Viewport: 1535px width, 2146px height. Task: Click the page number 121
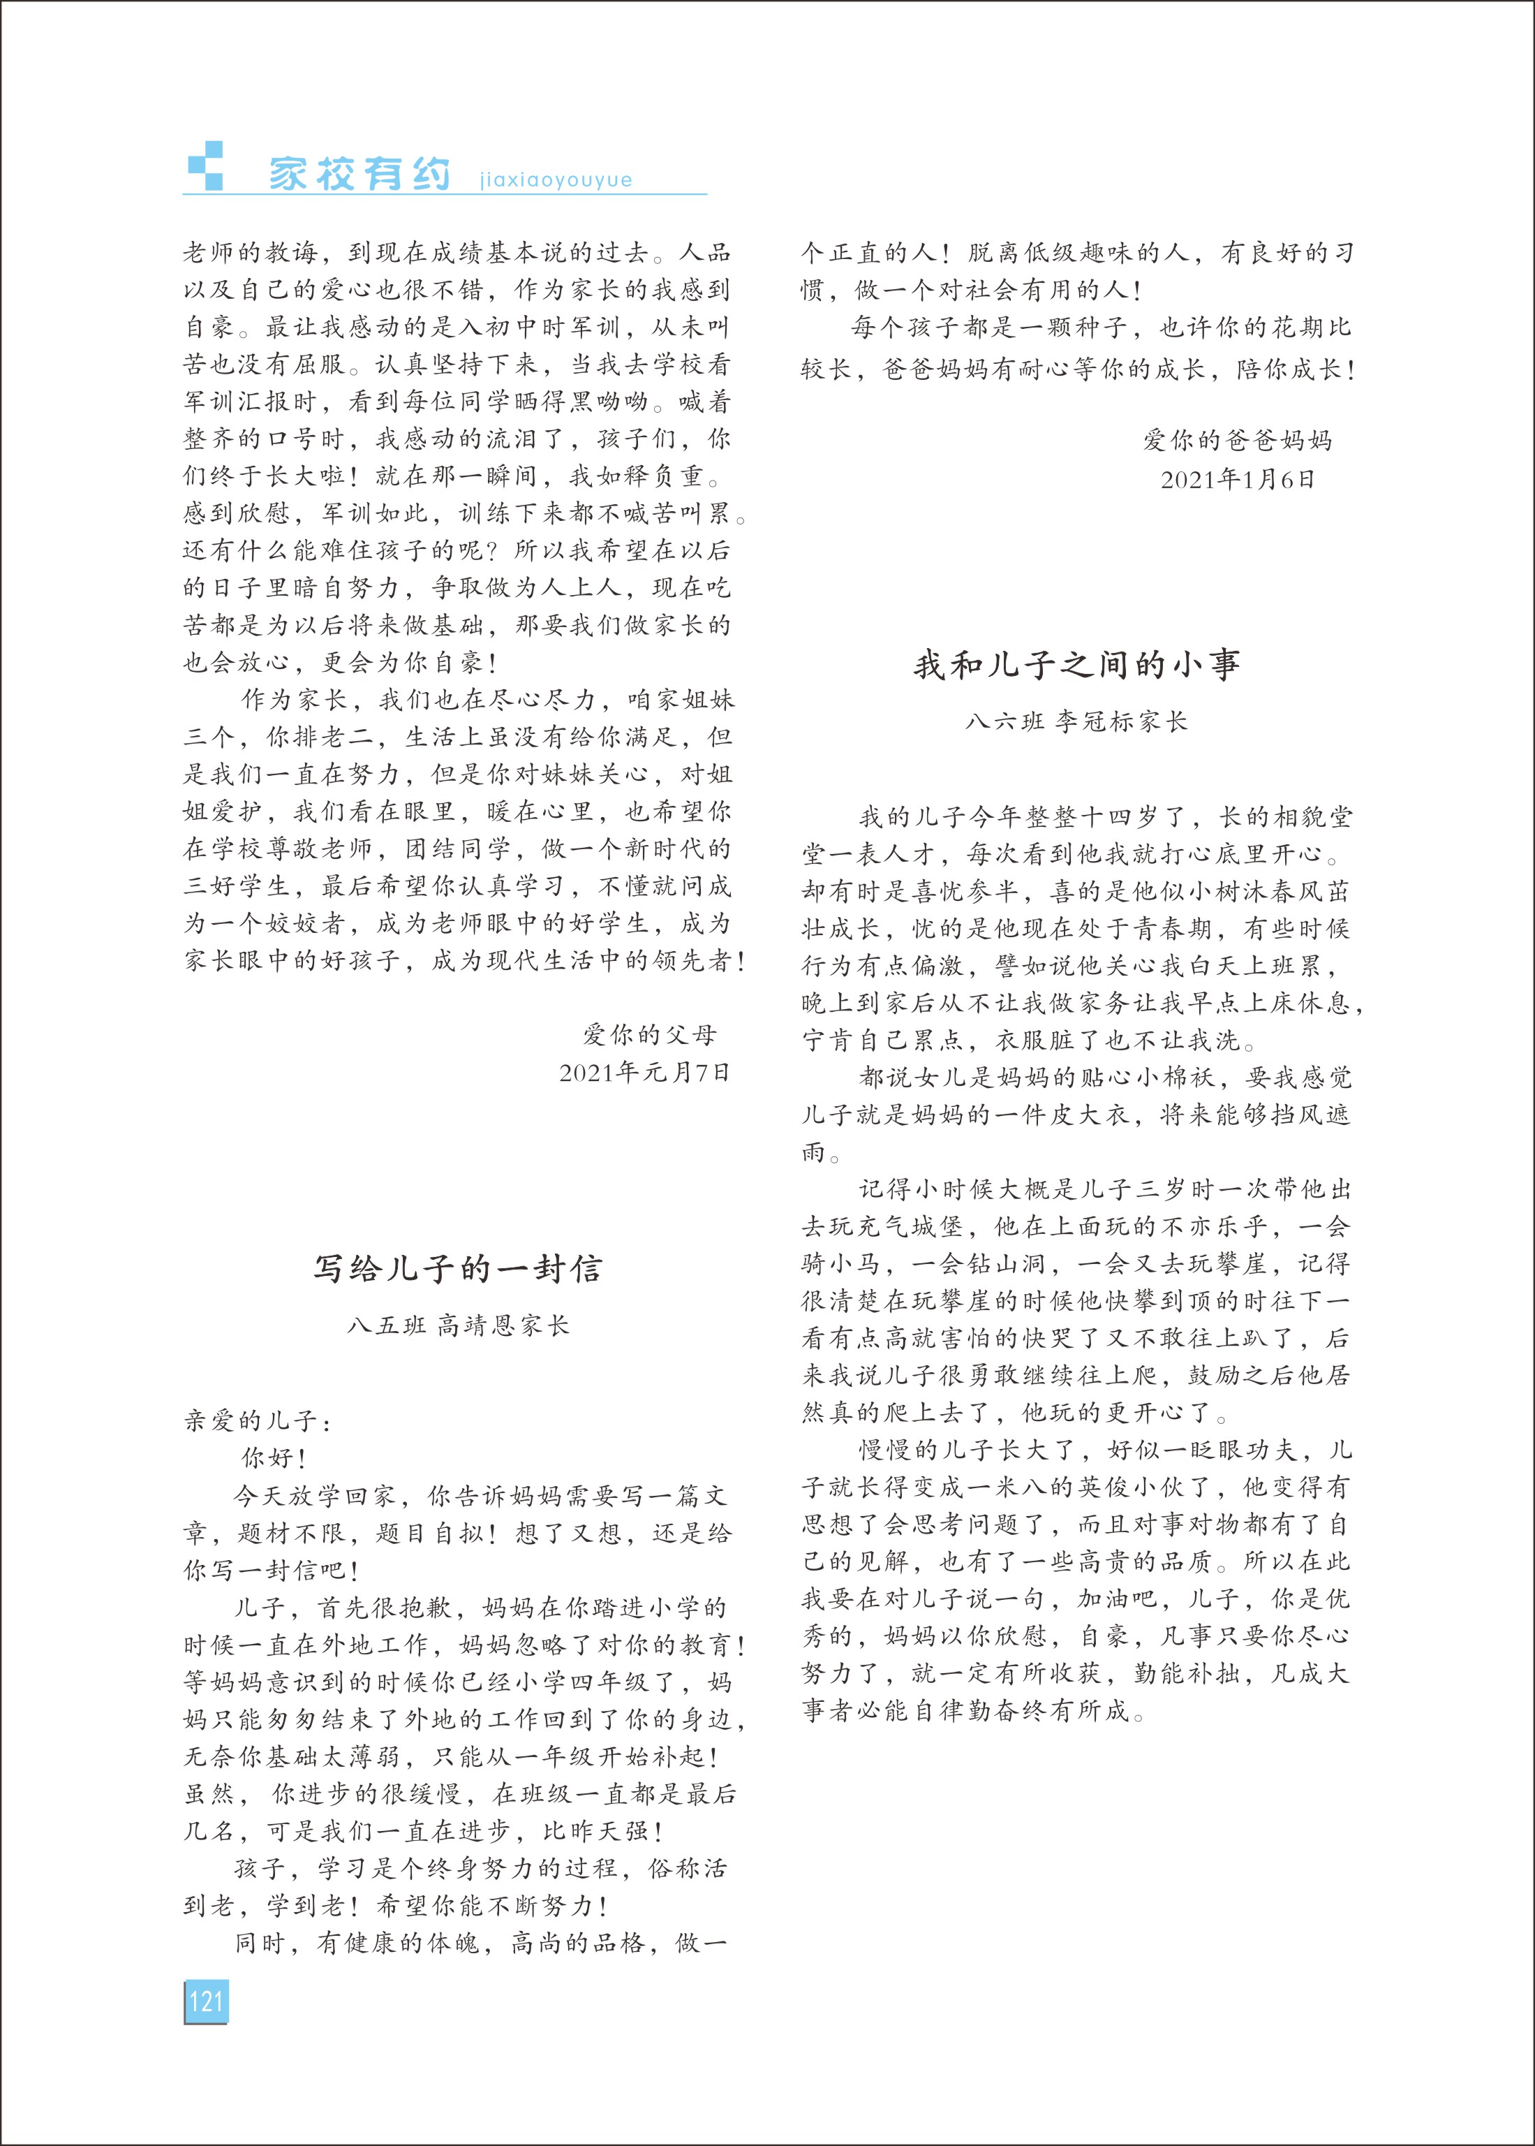coord(205,2001)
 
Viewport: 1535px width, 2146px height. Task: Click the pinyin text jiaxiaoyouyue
coord(556,179)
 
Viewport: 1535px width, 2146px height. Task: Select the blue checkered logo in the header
coord(206,166)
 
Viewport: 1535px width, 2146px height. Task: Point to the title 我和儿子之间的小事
coord(1076,665)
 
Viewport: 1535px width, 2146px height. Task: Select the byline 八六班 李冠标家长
coord(1076,721)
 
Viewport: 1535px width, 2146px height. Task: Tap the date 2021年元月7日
coord(644,1072)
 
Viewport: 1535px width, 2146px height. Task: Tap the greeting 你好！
coord(274,1457)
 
